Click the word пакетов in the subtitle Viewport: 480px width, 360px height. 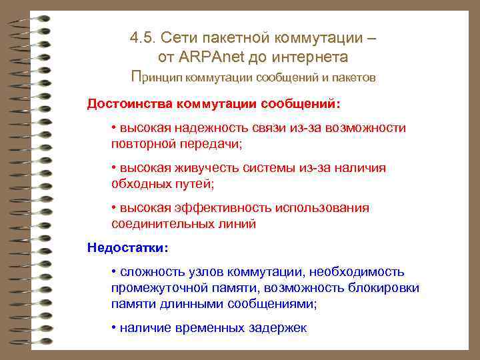point(353,78)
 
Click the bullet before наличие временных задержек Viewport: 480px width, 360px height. point(114,327)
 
